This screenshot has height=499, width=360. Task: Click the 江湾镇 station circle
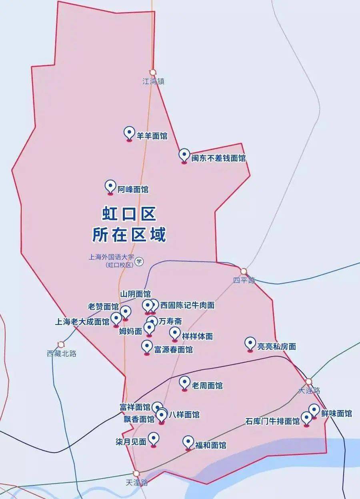pyautogui.click(x=153, y=73)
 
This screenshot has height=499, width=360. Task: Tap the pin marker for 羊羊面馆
pyautogui.click(x=129, y=133)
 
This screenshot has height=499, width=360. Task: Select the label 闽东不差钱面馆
pyautogui.click(x=218, y=158)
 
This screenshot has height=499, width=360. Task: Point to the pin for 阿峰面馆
pyautogui.click(x=110, y=186)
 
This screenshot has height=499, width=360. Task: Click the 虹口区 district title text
pyautogui.click(x=129, y=214)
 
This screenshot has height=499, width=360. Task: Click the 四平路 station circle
pyautogui.click(x=244, y=271)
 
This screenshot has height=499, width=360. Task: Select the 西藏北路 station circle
pyautogui.click(x=61, y=344)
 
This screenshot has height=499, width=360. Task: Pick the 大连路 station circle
pyautogui.click(x=308, y=382)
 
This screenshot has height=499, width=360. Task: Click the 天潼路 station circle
pyautogui.click(x=136, y=473)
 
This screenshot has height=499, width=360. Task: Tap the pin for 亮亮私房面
pyautogui.click(x=250, y=344)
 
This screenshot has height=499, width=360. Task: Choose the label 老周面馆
pyautogui.click(x=207, y=386)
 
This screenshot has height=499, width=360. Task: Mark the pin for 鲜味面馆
pyautogui.click(x=314, y=411)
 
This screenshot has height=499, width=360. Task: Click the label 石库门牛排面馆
pyautogui.click(x=272, y=421)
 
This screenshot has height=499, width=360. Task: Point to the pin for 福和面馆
pyautogui.click(x=188, y=442)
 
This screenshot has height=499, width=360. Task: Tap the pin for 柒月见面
pyautogui.click(x=153, y=439)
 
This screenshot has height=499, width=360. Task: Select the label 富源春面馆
pyautogui.click(x=173, y=350)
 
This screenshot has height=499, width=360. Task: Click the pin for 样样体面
pyautogui.click(x=175, y=333)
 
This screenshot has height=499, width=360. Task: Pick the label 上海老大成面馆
pyautogui.click(x=82, y=321)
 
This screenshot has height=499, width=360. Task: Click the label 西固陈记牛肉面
pyautogui.click(x=187, y=305)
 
